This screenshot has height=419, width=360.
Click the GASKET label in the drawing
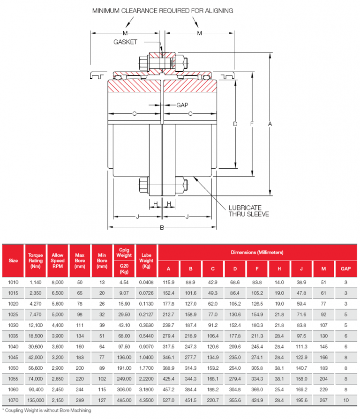pyautogui.click(x=125, y=42)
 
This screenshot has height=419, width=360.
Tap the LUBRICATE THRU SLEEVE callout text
pyautogui.click(x=248, y=211)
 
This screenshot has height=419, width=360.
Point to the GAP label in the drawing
pyautogui.click(x=182, y=105)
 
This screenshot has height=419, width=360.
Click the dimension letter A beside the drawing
pyautogui.click(x=270, y=124)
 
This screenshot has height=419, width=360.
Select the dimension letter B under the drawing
pyautogui.click(x=162, y=228)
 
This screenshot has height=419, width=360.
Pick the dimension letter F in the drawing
pyautogui.click(x=252, y=124)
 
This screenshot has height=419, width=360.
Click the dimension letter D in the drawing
pyautogui.click(x=235, y=124)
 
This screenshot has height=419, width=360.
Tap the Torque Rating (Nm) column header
pyautogui.click(x=36, y=261)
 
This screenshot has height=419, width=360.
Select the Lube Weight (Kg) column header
pyautogui.click(x=146, y=261)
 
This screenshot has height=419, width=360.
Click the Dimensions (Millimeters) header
pyautogui.click(x=257, y=252)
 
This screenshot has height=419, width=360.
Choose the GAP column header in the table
pyautogui.click(x=345, y=269)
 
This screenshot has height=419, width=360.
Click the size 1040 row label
pyautogui.click(x=13, y=346)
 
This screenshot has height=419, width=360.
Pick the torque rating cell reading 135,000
pyautogui.click(x=36, y=400)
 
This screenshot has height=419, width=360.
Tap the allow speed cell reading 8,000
pyautogui.click(x=58, y=282)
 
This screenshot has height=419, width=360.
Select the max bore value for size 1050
pyautogui.click(x=80, y=368)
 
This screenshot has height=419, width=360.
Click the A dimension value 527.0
pyautogui.click(x=168, y=400)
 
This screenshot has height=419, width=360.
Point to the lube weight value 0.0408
pyautogui.click(x=146, y=282)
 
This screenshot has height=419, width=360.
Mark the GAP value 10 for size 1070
pyautogui.click(x=346, y=400)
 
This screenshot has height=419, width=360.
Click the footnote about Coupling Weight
pyautogui.click(x=47, y=411)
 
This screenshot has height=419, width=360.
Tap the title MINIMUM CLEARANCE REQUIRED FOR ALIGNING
pyautogui.click(x=163, y=11)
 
